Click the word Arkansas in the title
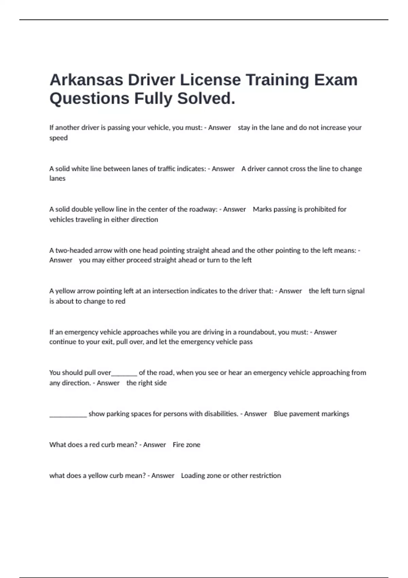point(86,80)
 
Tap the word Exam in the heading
point(336,80)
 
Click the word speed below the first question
point(58,138)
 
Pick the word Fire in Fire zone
point(178,445)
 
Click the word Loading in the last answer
point(193,476)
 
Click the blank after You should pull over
point(124,374)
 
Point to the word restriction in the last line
point(265,476)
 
